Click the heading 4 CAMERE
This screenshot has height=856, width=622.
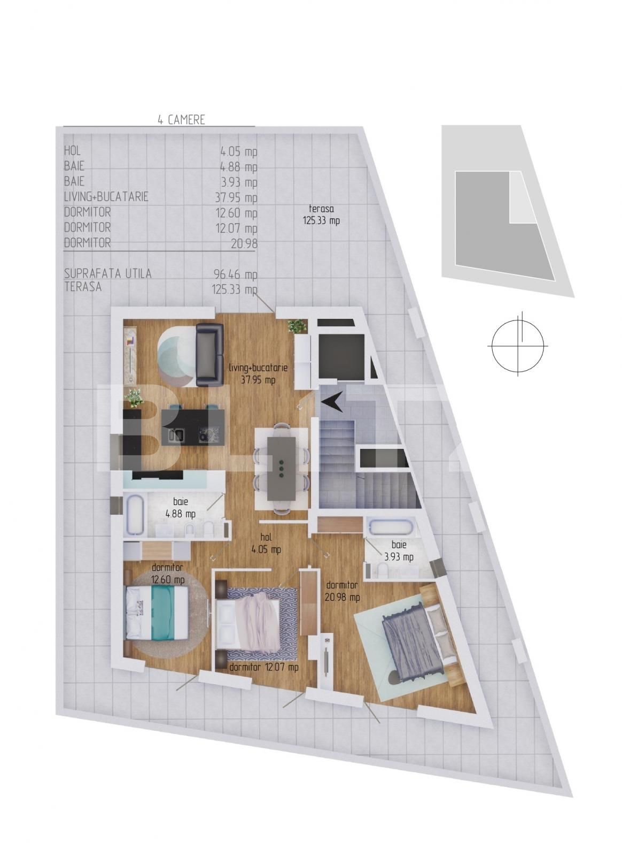point(181,120)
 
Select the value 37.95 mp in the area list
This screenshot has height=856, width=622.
point(236,197)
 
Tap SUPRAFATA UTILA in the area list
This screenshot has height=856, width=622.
point(107,273)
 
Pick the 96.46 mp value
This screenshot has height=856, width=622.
point(236,274)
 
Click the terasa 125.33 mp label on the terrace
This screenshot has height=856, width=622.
point(321,215)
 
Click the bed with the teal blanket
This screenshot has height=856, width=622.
point(157,612)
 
